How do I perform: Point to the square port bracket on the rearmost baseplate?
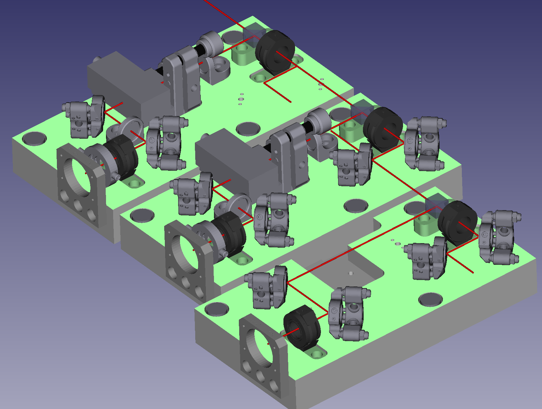click(81, 181)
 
